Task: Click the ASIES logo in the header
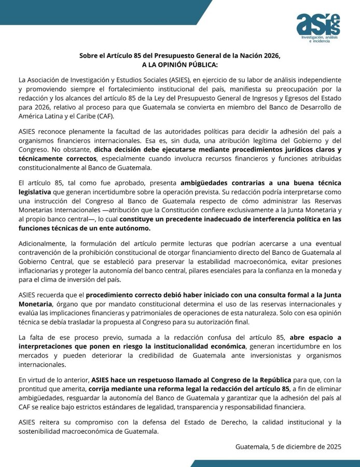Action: (x=318, y=24)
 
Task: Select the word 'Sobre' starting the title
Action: (x=89, y=56)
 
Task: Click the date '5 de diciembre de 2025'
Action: (x=306, y=446)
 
